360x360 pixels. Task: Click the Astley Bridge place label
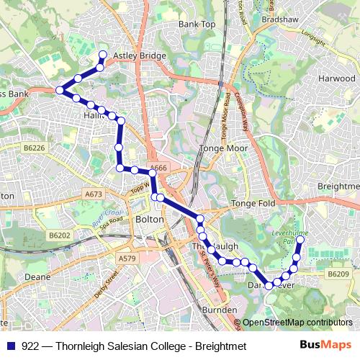tap(140, 55)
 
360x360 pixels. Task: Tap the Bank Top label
tap(197, 24)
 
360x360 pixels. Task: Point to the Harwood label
tap(336, 78)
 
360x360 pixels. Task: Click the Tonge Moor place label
tap(223, 148)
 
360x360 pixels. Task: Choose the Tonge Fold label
tap(253, 204)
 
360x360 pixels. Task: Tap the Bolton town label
tap(150, 219)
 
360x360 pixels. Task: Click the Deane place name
tap(37, 276)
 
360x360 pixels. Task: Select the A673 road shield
tap(93, 194)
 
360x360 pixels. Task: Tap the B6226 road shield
tap(33, 148)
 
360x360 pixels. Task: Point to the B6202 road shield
tap(60, 235)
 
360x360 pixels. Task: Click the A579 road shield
tap(126, 258)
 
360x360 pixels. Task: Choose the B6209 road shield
tap(338, 274)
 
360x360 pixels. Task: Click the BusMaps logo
tap(324, 346)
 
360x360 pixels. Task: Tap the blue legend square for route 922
tap(13, 346)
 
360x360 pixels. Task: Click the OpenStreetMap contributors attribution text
tap(297, 323)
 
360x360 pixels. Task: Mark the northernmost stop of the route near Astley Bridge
tap(102, 55)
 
